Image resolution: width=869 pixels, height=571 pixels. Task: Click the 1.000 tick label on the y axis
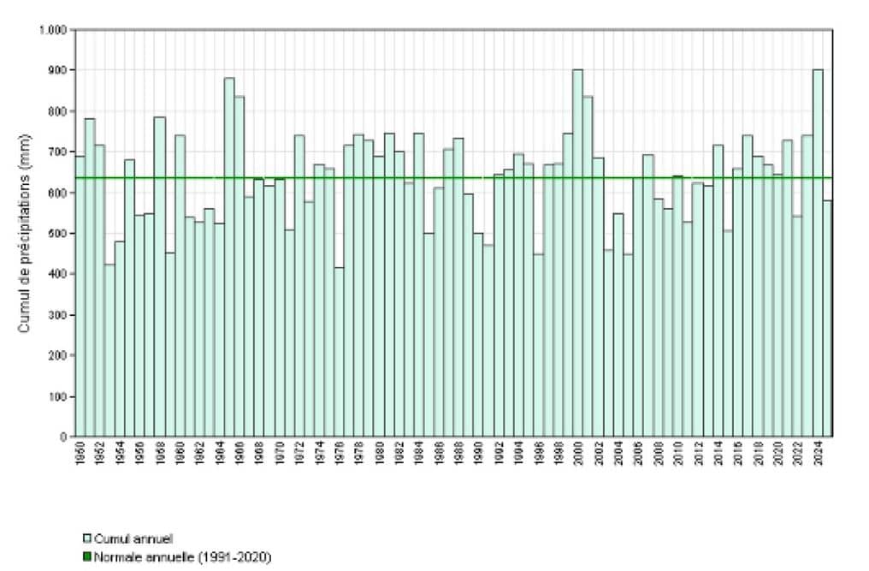54,30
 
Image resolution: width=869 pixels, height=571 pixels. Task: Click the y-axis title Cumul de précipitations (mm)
27,234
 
